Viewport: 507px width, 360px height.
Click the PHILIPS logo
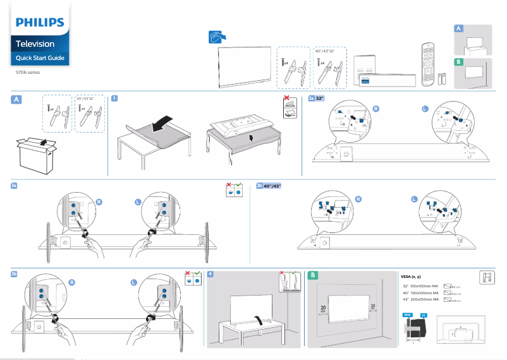(x=40, y=23)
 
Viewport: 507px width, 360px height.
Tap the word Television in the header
(x=35, y=44)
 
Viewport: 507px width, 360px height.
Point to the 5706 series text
(x=28, y=72)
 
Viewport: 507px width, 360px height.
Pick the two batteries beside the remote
(x=444, y=79)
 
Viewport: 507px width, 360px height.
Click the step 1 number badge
(x=114, y=99)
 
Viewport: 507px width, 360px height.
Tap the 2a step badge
(x=311, y=99)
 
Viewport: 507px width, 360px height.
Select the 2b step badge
(x=260, y=186)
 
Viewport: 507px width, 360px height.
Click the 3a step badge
(x=15, y=186)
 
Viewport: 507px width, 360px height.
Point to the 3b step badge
(x=15, y=274)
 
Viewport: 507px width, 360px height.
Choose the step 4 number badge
(x=210, y=274)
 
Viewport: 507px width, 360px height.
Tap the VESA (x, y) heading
(x=411, y=277)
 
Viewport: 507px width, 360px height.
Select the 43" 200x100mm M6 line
(x=420, y=300)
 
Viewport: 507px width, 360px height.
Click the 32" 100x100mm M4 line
(x=420, y=286)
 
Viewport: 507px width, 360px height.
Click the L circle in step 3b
(x=133, y=282)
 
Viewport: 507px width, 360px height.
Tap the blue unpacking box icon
(x=216, y=37)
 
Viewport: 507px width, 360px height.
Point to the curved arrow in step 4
(x=257, y=318)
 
